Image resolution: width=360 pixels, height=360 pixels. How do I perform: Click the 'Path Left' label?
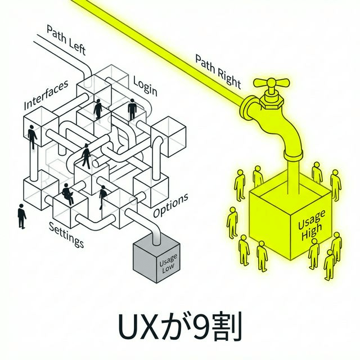click(66, 39)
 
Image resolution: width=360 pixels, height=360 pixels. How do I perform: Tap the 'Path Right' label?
click(218, 71)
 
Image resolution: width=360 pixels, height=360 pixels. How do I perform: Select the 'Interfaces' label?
click(46, 94)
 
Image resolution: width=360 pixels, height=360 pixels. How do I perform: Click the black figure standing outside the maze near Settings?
click(21, 216)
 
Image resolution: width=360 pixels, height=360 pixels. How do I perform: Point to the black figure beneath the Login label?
click(132, 109)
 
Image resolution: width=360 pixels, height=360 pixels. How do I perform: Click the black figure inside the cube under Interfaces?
click(31, 136)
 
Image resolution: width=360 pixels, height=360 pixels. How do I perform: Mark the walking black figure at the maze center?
click(86, 156)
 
